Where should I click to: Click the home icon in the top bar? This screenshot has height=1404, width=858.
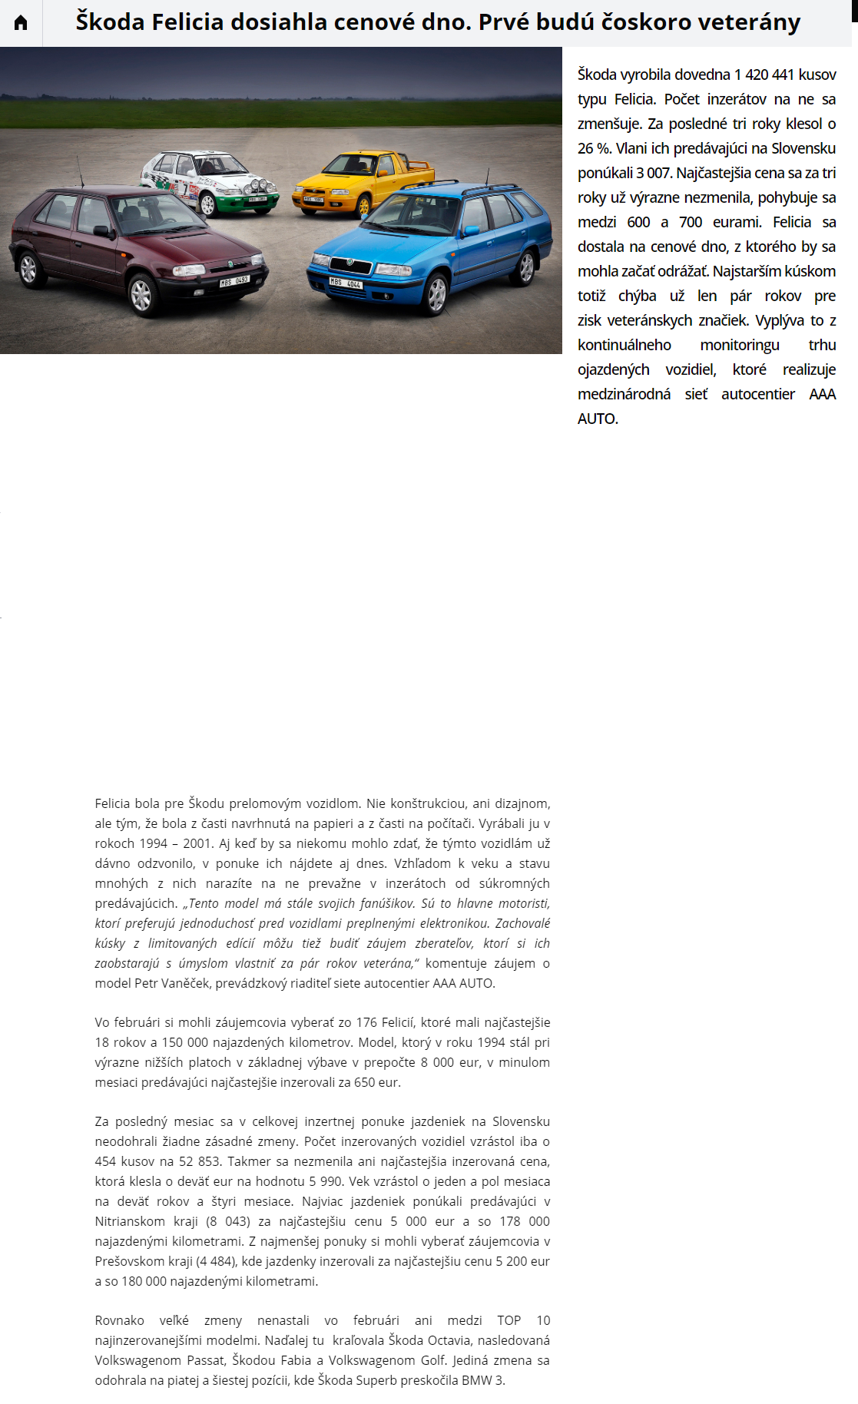pos(21,23)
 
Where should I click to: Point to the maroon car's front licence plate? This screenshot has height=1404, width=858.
pos(234,282)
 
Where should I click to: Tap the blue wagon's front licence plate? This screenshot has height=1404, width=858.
pos(345,283)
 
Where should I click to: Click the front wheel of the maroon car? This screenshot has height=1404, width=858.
pos(141,294)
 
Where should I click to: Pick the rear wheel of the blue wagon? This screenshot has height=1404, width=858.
pos(526,267)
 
